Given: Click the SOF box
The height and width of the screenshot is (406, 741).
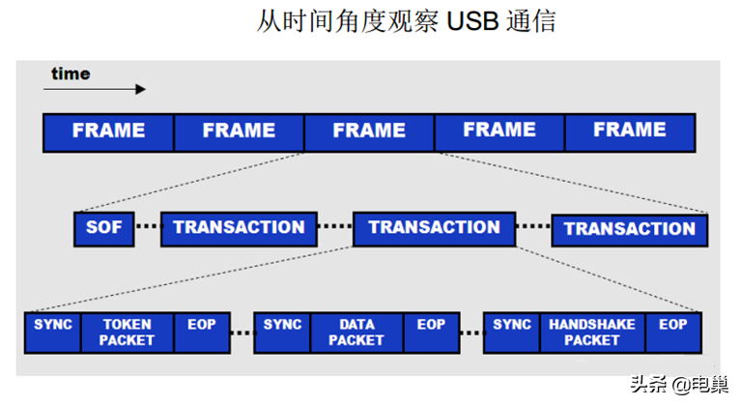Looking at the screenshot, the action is [104, 229].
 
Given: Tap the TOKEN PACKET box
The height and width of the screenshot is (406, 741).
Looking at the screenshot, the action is [128, 333].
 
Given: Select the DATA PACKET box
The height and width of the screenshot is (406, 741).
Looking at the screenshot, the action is [356, 333].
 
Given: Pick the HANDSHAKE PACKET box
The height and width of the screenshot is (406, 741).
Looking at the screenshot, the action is [592, 333].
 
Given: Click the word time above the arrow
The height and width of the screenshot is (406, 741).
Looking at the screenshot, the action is [71, 73].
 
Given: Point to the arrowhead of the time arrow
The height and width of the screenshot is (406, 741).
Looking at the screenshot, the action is [141, 89].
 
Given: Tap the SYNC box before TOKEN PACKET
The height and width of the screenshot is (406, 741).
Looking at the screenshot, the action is [53, 333].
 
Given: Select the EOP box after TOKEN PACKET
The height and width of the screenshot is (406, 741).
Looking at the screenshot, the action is [202, 333].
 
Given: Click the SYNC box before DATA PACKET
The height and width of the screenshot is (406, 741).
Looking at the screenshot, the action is [282, 333].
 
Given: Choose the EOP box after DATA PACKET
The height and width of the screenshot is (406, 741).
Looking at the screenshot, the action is [432, 333].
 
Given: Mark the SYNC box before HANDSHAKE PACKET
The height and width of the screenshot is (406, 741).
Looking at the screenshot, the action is [512, 333].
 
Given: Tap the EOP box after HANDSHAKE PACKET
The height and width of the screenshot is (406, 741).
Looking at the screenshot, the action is [673, 333].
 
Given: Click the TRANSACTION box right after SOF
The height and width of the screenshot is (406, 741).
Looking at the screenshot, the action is [239, 229].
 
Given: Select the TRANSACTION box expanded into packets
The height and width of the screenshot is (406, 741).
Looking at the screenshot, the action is [435, 229].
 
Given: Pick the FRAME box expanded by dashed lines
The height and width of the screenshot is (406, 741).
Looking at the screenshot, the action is [369, 132].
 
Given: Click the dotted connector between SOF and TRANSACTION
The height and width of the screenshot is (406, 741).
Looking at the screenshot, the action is [148, 226].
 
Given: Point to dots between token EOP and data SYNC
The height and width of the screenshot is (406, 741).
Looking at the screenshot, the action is [242, 333].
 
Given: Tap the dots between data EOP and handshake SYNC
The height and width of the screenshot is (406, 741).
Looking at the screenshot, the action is [471, 333].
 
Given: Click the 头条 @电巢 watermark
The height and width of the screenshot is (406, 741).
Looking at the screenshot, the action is [679, 385].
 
